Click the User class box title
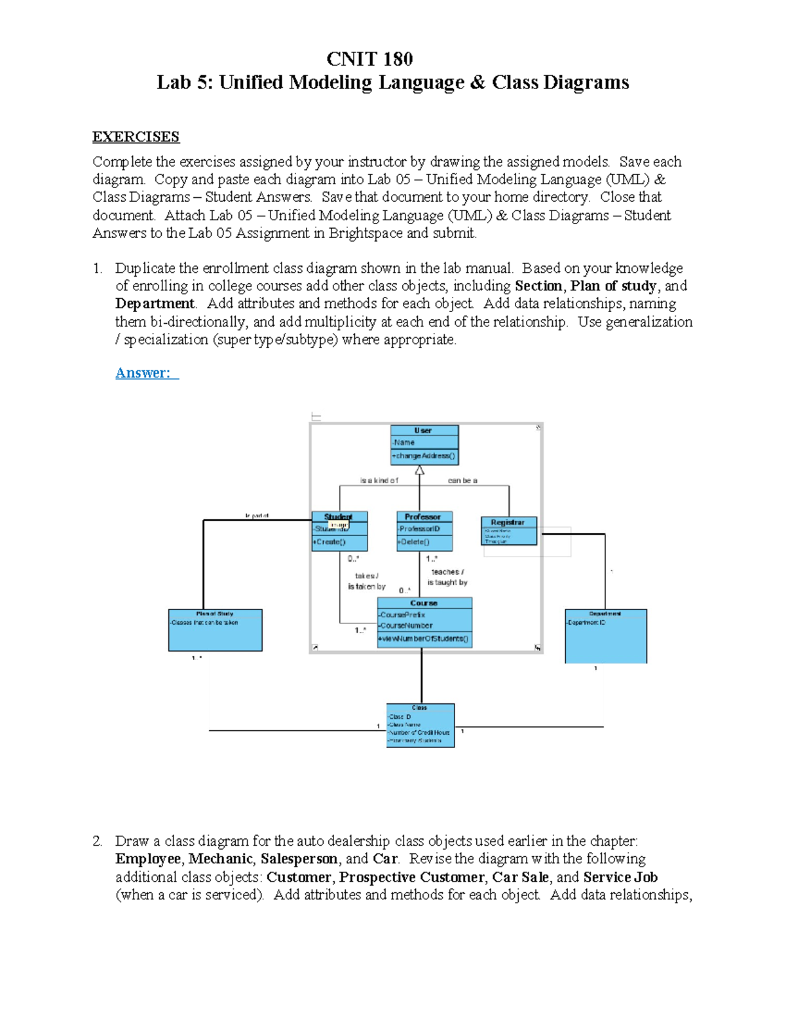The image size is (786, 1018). (423, 431)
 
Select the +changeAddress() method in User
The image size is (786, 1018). (424, 456)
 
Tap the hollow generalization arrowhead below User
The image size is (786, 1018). (420, 470)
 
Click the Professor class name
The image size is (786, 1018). (423, 517)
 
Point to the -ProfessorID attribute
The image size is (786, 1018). (420, 528)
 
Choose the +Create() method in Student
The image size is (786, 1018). (331, 541)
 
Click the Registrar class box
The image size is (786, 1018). (509, 531)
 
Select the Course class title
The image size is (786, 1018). (424, 602)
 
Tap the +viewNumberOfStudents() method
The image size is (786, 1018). (424, 638)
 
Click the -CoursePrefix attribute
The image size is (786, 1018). (403, 615)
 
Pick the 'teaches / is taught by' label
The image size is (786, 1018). (447, 577)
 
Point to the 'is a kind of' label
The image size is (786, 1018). (379, 480)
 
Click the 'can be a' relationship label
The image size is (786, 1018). (462, 480)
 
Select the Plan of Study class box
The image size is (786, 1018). (215, 630)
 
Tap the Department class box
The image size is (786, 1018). (605, 636)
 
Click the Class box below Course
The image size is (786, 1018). (420, 726)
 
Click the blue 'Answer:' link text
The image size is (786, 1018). (143, 373)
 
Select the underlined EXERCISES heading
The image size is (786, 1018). (136, 137)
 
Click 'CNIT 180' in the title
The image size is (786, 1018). (369, 59)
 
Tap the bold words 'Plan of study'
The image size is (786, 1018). (613, 286)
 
